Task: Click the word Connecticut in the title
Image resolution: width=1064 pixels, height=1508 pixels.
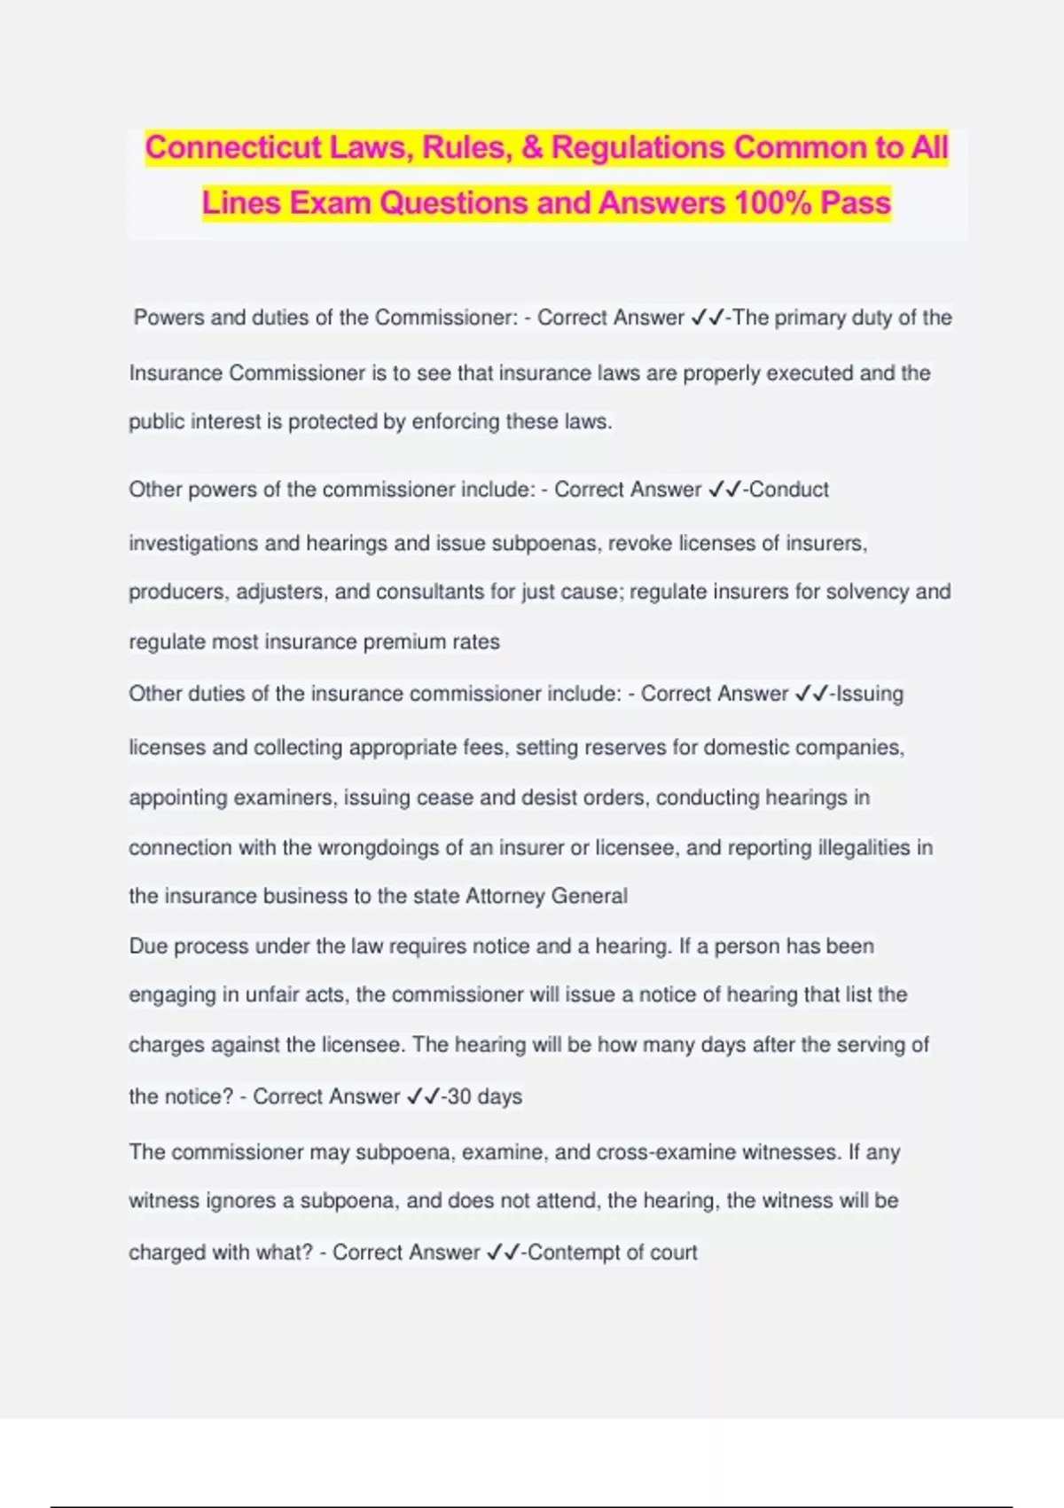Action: (x=232, y=147)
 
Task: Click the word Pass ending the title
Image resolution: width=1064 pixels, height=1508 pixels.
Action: (x=856, y=203)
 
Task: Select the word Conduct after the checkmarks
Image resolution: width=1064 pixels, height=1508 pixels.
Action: (x=789, y=490)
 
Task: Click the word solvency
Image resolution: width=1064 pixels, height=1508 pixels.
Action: (x=865, y=592)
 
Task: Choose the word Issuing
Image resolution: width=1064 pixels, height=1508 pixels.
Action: (x=870, y=694)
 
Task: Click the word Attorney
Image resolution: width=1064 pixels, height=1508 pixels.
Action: (x=505, y=896)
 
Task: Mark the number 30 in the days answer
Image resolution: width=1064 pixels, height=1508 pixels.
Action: (x=459, y=1097)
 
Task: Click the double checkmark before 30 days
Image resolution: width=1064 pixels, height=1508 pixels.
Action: (x=423, y=1097)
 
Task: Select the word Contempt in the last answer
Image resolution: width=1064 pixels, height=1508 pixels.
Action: (x=571, y=1253)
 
